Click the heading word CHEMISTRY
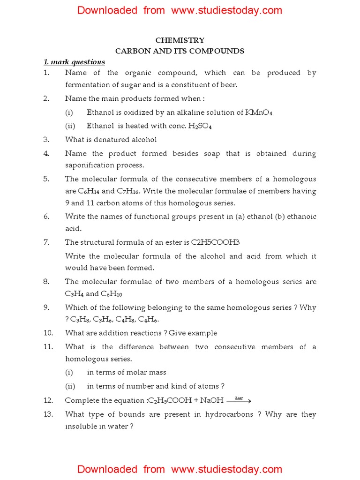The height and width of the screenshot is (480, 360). (x=180, y=41)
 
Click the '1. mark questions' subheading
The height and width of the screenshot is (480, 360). (x=74, y=62)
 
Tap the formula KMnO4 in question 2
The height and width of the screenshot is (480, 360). (x=259, y=112)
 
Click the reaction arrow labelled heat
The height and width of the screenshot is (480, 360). (x=239, y=400)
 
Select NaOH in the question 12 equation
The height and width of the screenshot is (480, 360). (x=211, y=401)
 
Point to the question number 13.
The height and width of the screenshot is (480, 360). (x=48, y=414)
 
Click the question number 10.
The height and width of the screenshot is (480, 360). (x=48, y=333)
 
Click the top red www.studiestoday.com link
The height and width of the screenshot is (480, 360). (x=227, y=10)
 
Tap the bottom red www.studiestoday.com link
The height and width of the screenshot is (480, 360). (x=227, y=469)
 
